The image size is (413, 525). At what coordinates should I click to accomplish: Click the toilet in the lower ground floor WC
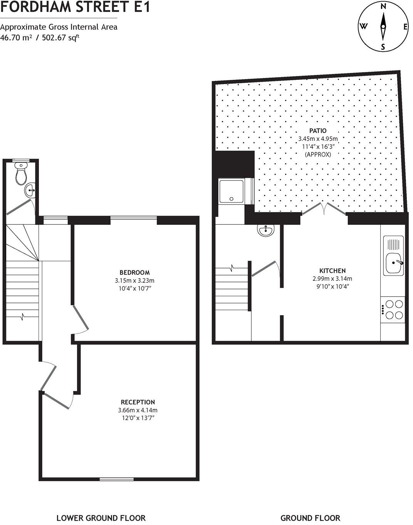pyautogui.click(x=21, y=174)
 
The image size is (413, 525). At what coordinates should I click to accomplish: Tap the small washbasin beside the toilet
pyautogui.click(x=30, y=190)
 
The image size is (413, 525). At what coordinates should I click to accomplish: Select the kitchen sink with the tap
pyautogui.click(x=393, y=263)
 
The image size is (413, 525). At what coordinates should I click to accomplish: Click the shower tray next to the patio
pyautogui.click(x=231, y=191)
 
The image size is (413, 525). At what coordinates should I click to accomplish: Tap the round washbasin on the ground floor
pyautogui.click(x=266, y=230)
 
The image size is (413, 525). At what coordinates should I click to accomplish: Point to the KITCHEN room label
pyautogui.click(x=332, y=270)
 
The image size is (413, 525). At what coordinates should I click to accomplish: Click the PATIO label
pyautogui.click(x=318, y=131)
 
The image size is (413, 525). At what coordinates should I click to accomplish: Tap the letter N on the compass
pyautogui.click(x=383, y=6)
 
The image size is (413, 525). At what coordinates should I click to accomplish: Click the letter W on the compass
pyautogui.click(x=363, y=26)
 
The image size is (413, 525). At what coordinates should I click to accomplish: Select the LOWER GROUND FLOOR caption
pyautogui.click(x=101, y=518)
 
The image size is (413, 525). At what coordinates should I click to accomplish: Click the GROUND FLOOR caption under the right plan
pyautogui.click(x=310, y=518)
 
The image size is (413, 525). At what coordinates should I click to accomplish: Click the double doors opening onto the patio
pyautogui.click(x=324, y=209)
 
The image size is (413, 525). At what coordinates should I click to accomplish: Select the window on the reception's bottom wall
pyautogui.click(x=117, y=479)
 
